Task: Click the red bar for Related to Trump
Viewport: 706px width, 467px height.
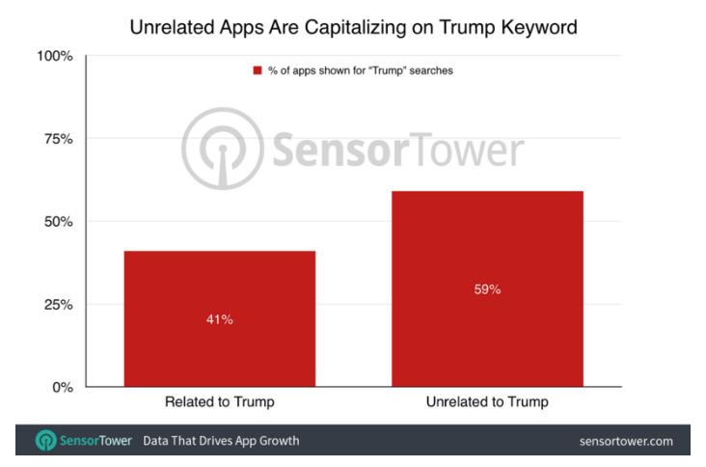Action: point(219,318)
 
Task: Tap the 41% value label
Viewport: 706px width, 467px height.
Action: point(219,319)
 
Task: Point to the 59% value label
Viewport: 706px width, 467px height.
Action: point(487,288)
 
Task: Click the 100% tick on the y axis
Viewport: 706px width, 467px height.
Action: point(54,56)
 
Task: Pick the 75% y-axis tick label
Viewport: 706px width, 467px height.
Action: point(57,139)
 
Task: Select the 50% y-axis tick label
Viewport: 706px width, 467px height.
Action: point(57,222)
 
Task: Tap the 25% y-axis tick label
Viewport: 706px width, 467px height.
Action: point(57,305)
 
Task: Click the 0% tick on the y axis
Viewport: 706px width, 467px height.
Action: point(61,388)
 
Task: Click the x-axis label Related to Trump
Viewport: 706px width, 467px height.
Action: point(219,402)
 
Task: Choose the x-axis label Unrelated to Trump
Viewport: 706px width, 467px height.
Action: point(487,402)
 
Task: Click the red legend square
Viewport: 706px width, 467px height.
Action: point(258,71)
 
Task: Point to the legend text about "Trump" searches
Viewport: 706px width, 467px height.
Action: point(360,71)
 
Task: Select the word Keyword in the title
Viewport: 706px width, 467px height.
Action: point(537,26)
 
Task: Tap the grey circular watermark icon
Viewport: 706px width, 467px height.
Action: point(222,148)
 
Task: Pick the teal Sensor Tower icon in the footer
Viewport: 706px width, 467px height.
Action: point(44,442)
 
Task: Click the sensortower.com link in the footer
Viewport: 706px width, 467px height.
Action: point(626,442)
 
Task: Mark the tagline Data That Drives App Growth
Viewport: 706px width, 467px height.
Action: point(221,442)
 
